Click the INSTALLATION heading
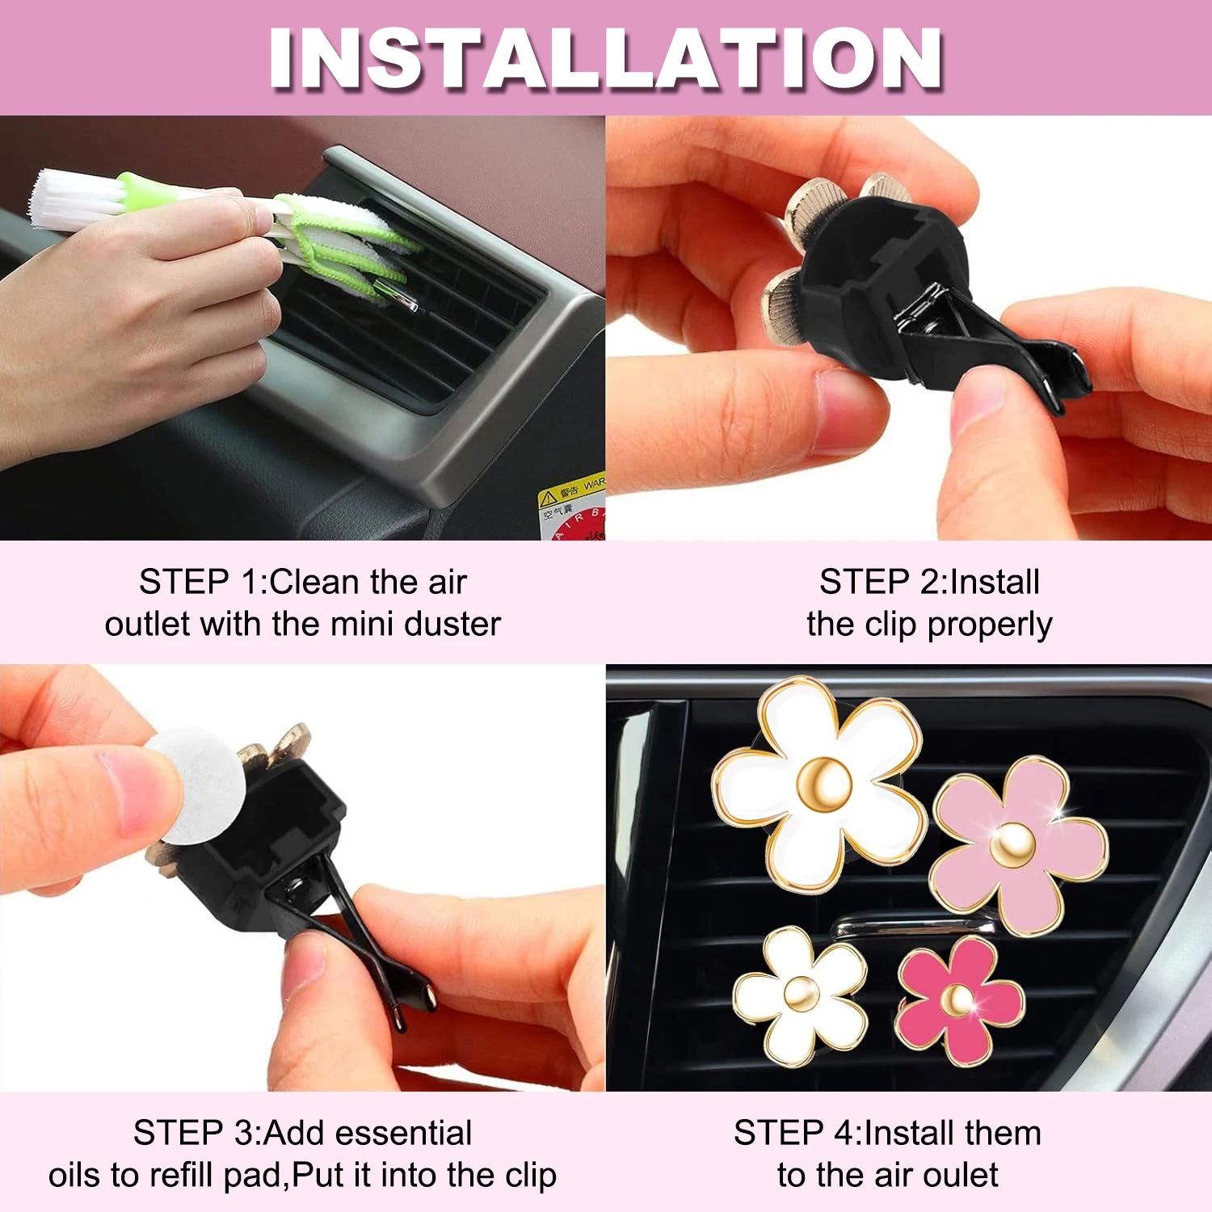606,58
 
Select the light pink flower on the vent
1018,845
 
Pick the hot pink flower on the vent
959,1000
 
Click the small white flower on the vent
800,995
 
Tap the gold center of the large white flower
824,782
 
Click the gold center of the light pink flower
1012,845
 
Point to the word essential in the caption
418,1133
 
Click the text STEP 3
194,1133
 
